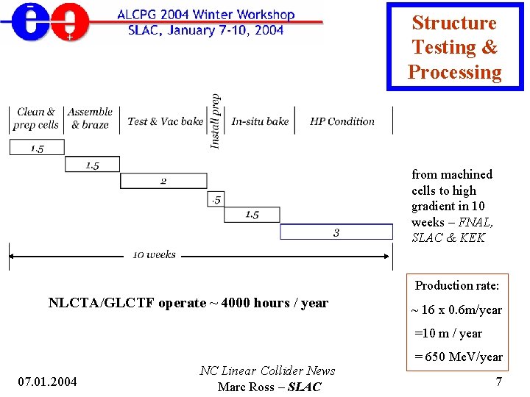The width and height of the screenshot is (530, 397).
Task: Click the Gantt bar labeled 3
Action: (336, 232)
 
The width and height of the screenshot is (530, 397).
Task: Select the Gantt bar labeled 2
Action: (163, 181)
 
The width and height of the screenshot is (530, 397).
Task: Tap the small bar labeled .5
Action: (215, 198)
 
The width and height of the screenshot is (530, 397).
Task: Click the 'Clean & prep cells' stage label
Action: (35, 118)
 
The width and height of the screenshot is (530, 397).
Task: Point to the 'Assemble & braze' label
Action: (90, 118)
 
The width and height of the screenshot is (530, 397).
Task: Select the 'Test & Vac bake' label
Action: (165, 121)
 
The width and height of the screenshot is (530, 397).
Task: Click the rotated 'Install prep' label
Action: (216, 121)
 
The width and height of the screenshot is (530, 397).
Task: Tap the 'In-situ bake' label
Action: (260, 121)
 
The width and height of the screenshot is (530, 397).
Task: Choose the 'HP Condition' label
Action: (342, 121)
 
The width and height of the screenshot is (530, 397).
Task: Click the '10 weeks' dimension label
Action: (154, 254)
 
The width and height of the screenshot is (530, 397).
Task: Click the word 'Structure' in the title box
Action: (454, 23)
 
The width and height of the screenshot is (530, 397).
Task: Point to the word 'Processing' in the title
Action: (454, 72)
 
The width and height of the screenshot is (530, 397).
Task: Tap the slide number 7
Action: (498, 382)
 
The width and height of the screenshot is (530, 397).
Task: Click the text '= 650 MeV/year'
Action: (458, 357)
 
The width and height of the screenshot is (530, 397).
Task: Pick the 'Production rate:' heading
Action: (456, 285)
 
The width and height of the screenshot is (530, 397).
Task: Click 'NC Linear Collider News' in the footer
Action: (266, 371)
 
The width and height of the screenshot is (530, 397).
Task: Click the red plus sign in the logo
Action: (69, 36)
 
